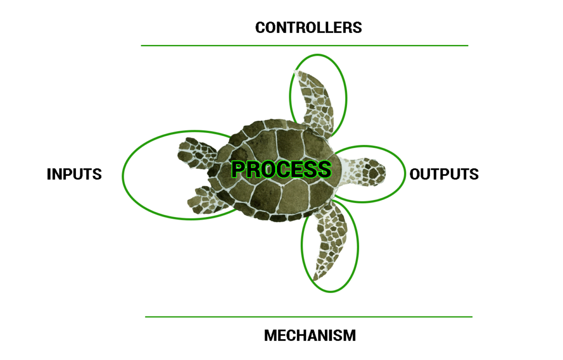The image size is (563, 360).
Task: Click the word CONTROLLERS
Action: click(x=308, y=27)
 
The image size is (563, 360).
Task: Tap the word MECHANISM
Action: click(x=310, y=335)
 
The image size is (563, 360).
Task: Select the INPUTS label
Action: click(x=74, y=174)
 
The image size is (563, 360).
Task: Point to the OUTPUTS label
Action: click(x=444, y=174)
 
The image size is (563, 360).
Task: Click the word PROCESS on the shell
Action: click(x=281, y=169)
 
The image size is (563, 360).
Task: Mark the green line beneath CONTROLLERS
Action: click(x=304, y=46)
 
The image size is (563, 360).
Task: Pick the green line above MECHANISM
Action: click(x=308, y=317)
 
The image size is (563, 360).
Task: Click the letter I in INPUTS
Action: click(x=49, y=174)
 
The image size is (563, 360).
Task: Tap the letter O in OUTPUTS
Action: click(x=416, y=174)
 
